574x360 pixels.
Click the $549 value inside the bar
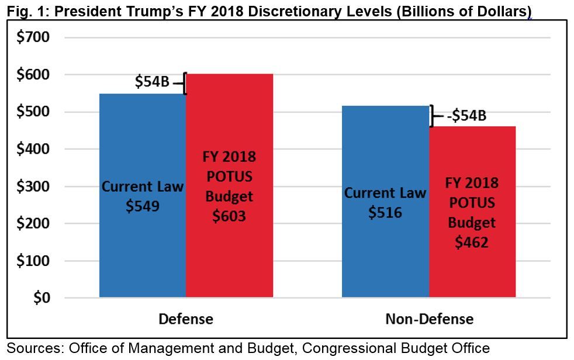click(143, 206)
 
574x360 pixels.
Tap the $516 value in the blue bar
click(385, 212)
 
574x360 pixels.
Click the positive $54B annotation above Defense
click(152, 82)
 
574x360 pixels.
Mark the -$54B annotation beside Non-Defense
click(466, 116)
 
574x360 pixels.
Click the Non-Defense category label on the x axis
click(429, 319)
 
